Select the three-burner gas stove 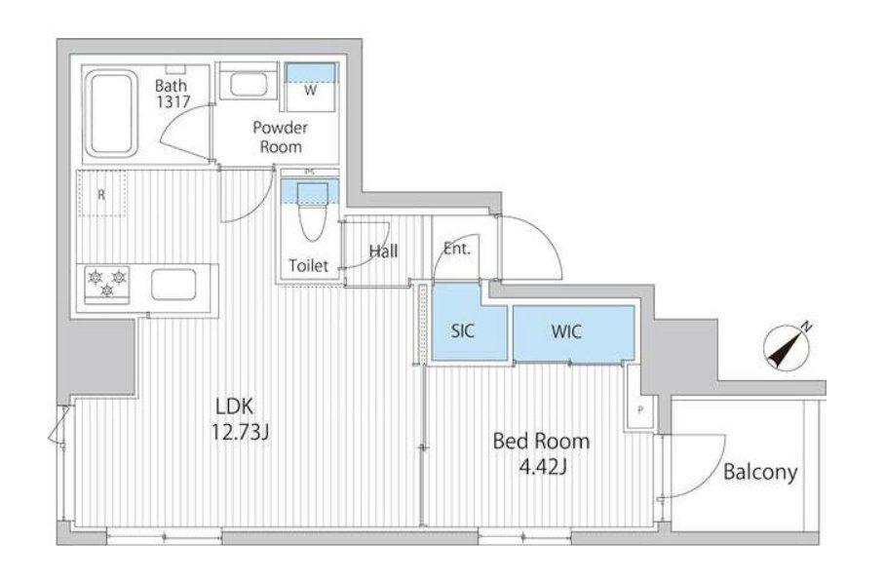coord(107,284)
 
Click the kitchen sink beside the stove coord(173,285)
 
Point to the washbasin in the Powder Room coord(249,85)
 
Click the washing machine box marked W coord(310,87)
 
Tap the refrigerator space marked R coord(101,194)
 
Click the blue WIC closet coord(573,333)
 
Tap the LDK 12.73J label coord(240,419)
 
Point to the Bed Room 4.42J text coord(541,453)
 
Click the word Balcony coord(760,472)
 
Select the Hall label coord(384,251)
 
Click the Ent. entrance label coord(456,249)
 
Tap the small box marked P coord(640,410)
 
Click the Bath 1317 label coord(173,94)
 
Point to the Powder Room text coord(280,136)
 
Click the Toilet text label coord(308,265)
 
